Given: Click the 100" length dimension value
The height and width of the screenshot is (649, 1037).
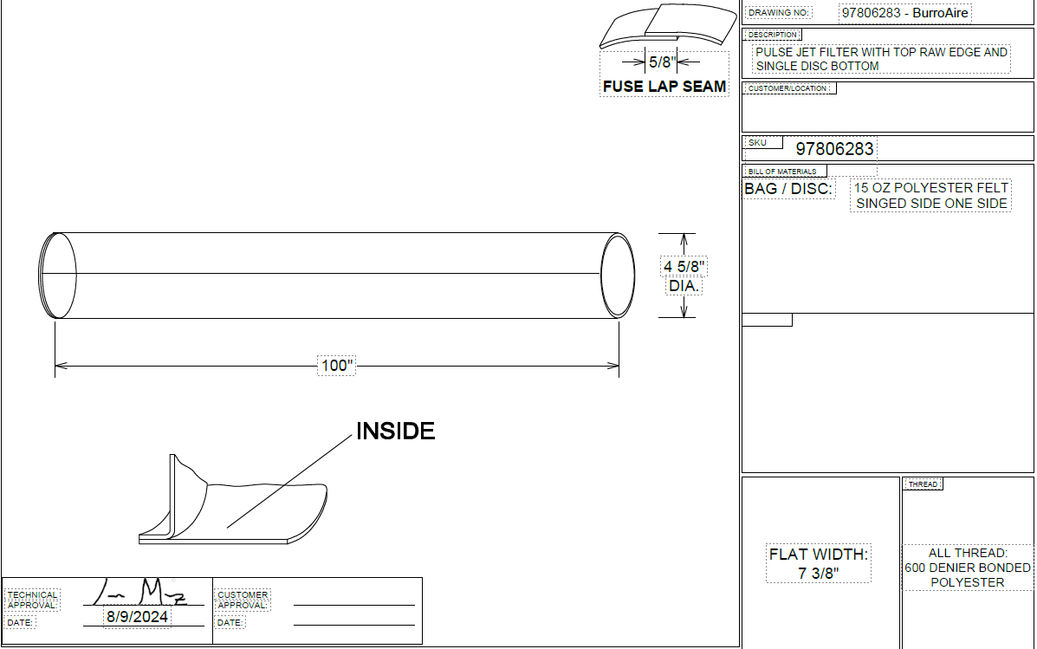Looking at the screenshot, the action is [x=337, y=365].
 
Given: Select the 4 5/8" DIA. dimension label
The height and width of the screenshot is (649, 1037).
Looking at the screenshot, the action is [x=684, y=276].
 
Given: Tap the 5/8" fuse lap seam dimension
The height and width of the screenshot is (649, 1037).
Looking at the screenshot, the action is [x=662, y=62].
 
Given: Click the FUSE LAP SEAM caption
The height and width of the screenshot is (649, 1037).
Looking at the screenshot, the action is [x=664, y=87].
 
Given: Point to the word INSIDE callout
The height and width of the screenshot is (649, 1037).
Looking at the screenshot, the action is [x=396, y=431].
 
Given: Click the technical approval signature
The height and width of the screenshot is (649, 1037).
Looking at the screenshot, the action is [x=140, y=592].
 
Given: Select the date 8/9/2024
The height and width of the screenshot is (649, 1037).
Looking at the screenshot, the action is [x=137, y=617].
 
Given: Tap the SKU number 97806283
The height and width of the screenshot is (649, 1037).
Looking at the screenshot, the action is [x=834, y=149].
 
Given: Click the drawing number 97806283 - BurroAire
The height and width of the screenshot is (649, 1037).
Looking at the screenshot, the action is [x=904, y=13].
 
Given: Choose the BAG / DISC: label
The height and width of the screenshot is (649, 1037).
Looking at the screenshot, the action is [x=788, y=189].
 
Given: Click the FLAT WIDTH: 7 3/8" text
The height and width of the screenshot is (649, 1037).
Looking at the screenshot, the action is [x=819, y=564].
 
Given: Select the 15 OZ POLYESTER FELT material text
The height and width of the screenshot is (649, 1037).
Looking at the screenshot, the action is [x=931, y=188].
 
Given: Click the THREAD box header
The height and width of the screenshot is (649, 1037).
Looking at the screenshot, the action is [x=924, y=484].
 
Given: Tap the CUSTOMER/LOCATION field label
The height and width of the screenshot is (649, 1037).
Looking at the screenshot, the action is [x=787, y=88].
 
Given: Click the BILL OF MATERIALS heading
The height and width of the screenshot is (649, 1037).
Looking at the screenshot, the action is [x=782, y=172].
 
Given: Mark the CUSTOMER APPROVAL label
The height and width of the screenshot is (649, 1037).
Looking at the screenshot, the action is [x=243, y=600].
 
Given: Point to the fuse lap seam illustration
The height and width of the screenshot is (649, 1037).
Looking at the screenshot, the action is [x=668, y=27].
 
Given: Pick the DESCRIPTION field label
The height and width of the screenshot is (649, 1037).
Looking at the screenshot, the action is [x=773, y=35].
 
